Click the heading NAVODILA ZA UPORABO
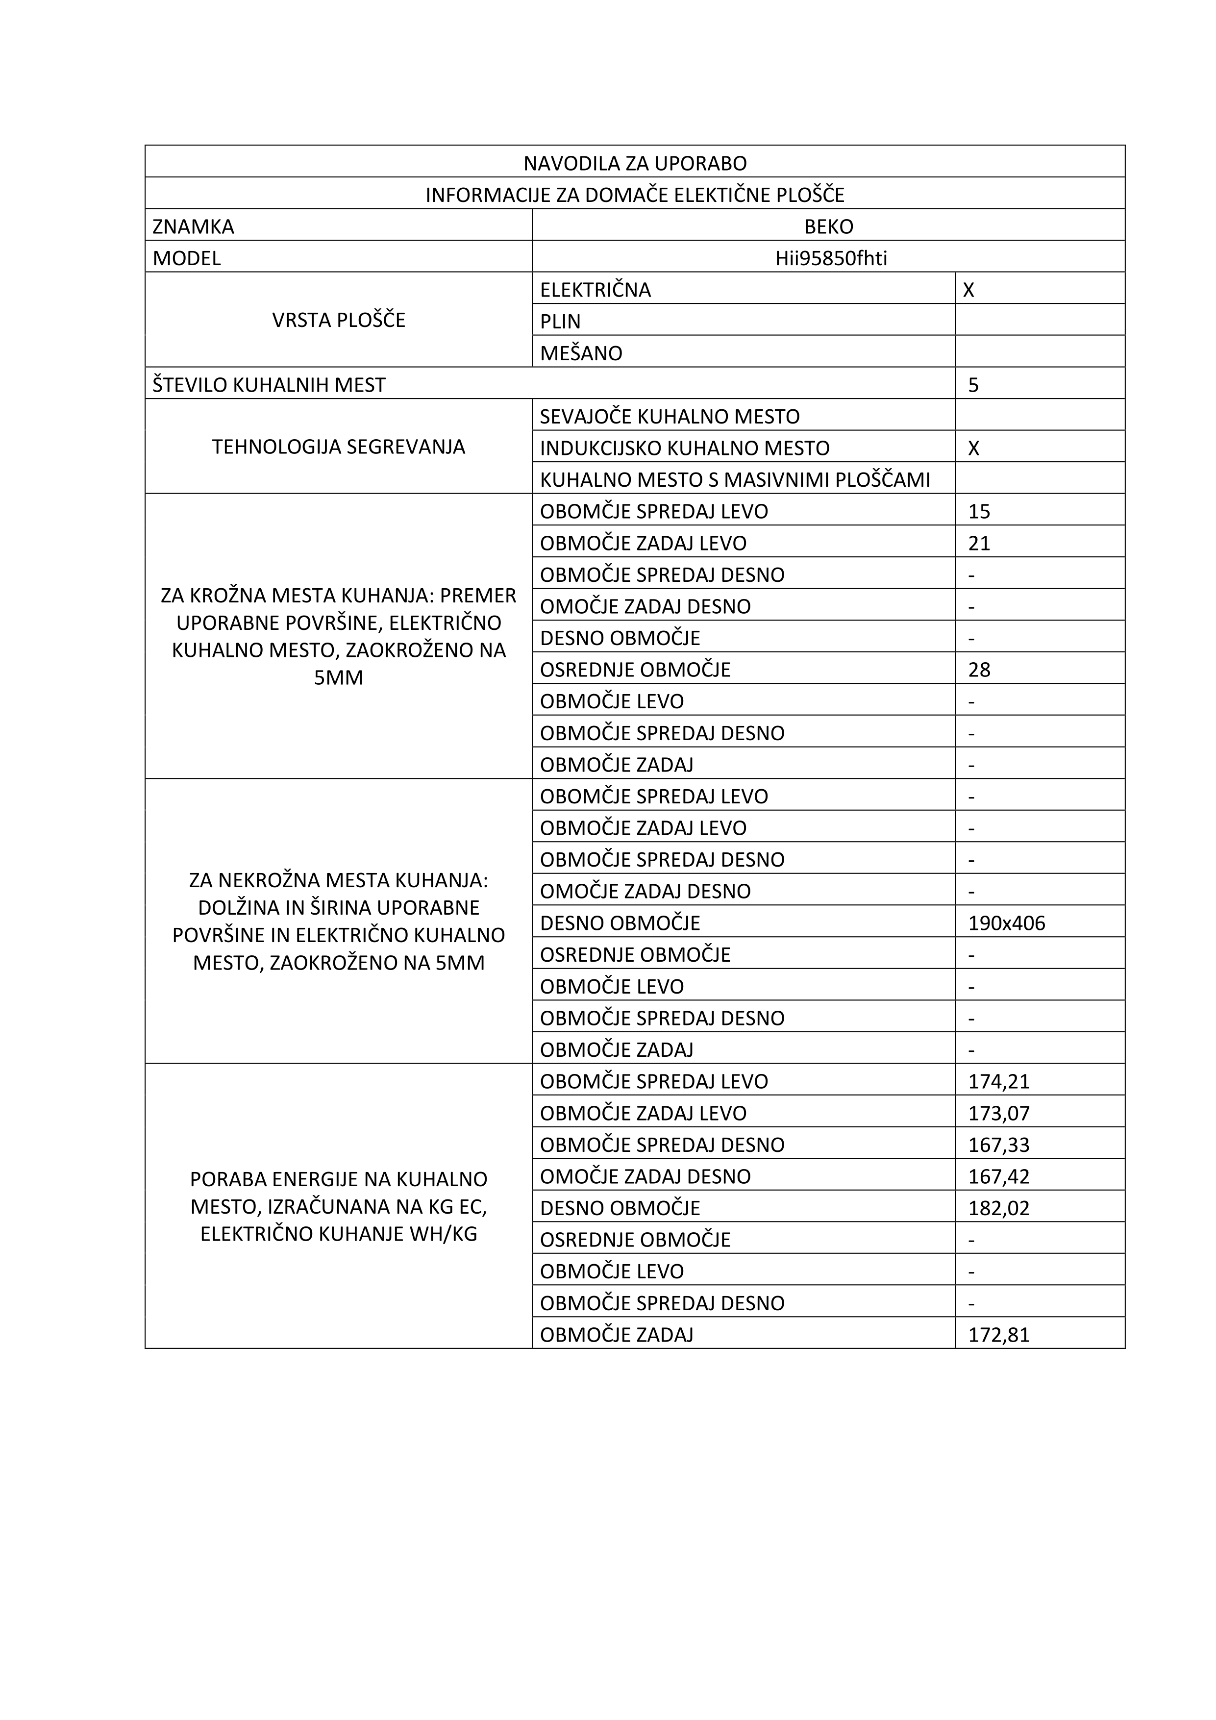(x=635, y=163)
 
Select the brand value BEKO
(x=829, y=226)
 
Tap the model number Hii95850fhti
(x=831, y=258)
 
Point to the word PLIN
(x=560, y=322)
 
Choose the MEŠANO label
(x=581, y=353)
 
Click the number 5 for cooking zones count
(x=973, y=385)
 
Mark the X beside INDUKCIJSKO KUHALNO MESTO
(x=973, y=448)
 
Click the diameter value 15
(x=978, y=512)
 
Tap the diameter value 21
(x=978, y=543)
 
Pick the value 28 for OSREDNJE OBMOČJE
(x=978, y=670)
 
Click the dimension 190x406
(x=1006, y=923)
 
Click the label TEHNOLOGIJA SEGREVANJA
(x=339, y=447)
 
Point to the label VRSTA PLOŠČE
(x=339, y=320)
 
